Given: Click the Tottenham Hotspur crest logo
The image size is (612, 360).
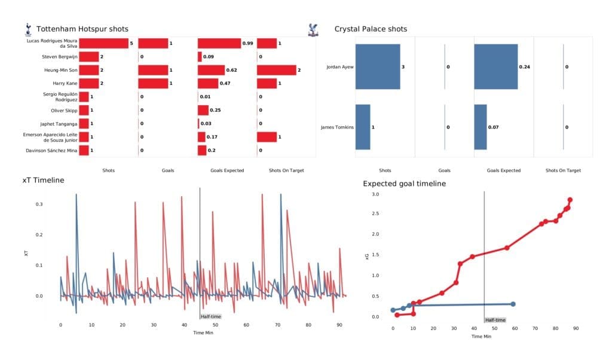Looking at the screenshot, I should click(27, 29).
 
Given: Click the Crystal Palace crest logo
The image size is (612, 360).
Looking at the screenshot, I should click(311, 28).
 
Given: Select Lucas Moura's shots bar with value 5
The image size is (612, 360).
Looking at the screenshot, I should click(103, 43).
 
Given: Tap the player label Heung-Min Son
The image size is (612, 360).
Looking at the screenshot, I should click(59, 70).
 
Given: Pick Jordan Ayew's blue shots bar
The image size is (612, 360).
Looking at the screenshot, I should click(377, 67).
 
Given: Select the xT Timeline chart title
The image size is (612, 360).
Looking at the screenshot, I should click(42, 180).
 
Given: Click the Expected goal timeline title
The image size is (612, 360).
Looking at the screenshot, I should click(403, 184).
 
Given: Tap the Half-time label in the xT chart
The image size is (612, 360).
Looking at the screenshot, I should click(210, 316).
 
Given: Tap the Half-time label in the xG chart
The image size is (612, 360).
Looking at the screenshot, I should click(495, 320).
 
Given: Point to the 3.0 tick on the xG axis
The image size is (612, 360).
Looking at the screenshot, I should click(375, 194).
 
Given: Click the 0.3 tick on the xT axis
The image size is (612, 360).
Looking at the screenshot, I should click(39, 205).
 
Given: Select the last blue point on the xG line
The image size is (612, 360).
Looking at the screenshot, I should click(513, 304).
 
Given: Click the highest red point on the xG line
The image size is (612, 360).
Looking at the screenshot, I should click(570, 200).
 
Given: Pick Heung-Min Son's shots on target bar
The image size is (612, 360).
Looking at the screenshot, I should click(276, 70).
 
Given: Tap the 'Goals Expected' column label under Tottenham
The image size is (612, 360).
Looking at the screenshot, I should click(227, 170).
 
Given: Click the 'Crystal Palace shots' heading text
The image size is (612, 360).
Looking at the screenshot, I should click(371, 29).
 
